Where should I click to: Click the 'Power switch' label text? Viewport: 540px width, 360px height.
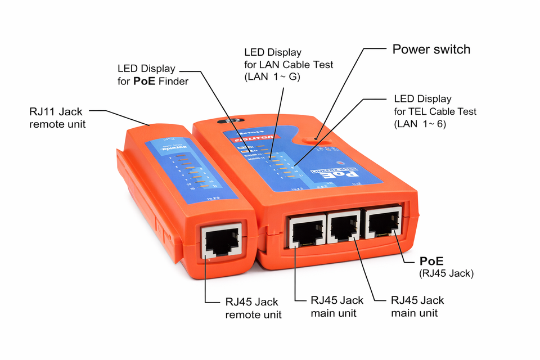click(x=431, y=49)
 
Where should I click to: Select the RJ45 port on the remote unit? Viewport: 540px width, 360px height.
click(x=220, y=242)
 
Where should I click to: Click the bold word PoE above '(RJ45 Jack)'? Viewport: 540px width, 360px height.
click(x=431, y=262)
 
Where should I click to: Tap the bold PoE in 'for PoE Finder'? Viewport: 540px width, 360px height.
click(x=145, y=82)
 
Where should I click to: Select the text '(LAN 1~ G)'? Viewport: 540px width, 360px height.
click(x=272, y=77)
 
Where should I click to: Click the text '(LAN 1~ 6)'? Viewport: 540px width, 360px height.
click(x=420, y=124)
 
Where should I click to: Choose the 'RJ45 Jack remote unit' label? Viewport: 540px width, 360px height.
click(x=253, y=308)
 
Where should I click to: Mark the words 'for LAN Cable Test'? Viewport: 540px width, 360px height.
click(x=289, y=65)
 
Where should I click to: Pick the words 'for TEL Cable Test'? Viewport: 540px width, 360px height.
click(x=435, y=111)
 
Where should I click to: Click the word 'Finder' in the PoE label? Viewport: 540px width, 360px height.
click(x=173, y=82)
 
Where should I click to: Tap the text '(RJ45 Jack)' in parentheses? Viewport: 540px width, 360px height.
click(x=447, y=274)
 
